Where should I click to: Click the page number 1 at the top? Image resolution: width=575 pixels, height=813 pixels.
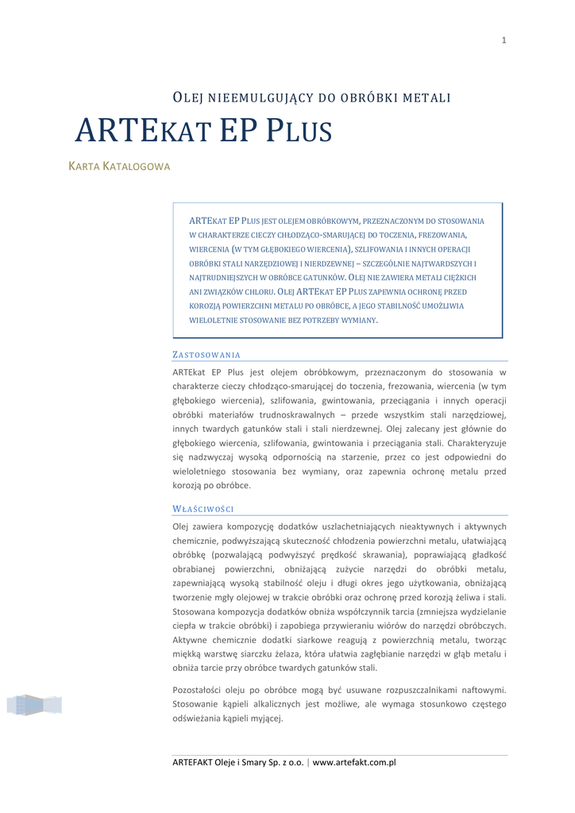coord(504,40)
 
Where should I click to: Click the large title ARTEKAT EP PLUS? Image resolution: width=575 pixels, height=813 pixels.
coord(203,131)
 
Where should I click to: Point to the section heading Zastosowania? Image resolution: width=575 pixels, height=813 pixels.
coord(206,355)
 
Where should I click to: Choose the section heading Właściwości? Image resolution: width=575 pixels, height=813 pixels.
coord(203,509)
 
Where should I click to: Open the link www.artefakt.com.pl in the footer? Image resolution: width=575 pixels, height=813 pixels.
coord(354,762)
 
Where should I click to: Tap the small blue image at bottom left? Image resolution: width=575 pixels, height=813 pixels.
coord(34,704)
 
